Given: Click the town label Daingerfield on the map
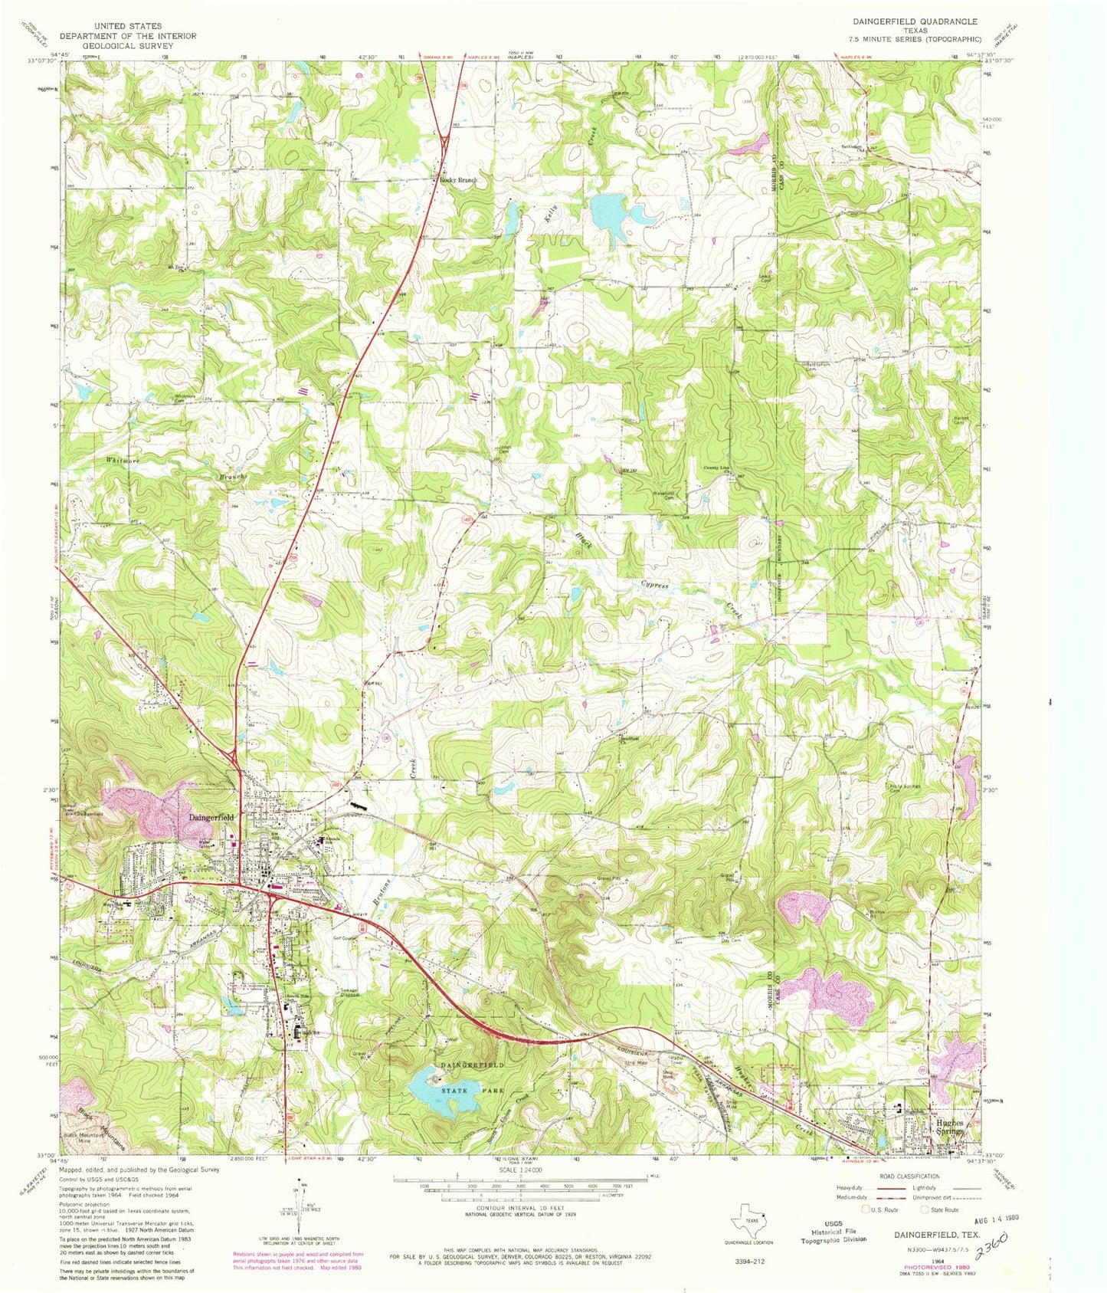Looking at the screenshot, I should pyautogui.click(x=211, y=817).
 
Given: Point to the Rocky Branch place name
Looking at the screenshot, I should pyautogui.click(x=458, y=180).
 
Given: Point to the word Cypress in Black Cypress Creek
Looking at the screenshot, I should pyautogui.click(x=655, y=586).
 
